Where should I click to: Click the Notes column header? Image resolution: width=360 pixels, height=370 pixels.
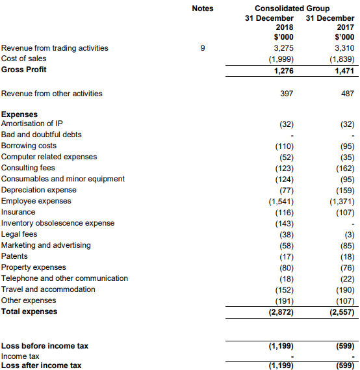coord(203,8)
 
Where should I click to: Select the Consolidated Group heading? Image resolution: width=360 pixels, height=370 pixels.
coord(292,8)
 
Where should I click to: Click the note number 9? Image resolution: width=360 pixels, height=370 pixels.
coord(203,48)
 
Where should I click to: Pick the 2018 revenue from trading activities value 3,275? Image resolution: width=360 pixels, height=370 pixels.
coord(283,48)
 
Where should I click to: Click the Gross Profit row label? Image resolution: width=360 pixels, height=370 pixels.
coord(24,70)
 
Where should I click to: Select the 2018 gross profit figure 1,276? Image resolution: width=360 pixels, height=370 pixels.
coord(283,71)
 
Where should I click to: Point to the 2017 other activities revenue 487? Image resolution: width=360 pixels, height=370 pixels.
coord(348,94)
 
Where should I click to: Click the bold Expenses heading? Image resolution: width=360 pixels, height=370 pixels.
coord(19,114)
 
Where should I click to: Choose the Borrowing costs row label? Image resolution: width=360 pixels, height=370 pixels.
coord(29,146)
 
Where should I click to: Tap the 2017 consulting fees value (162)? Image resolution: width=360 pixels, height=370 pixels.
coord(345,168)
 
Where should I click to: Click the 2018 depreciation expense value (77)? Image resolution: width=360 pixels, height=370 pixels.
coord(287,191)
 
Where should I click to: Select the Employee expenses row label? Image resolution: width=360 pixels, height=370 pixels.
coord(36,201)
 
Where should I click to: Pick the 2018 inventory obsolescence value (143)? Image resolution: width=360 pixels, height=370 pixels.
coord(285,224)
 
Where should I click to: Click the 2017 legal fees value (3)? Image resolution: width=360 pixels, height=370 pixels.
coord(350,235)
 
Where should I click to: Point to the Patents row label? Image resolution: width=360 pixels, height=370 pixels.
coord(14,256)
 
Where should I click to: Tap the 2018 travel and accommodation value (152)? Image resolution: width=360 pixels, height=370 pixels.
coord(285,290)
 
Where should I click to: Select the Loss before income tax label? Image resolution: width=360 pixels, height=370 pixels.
coord(45,346)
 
